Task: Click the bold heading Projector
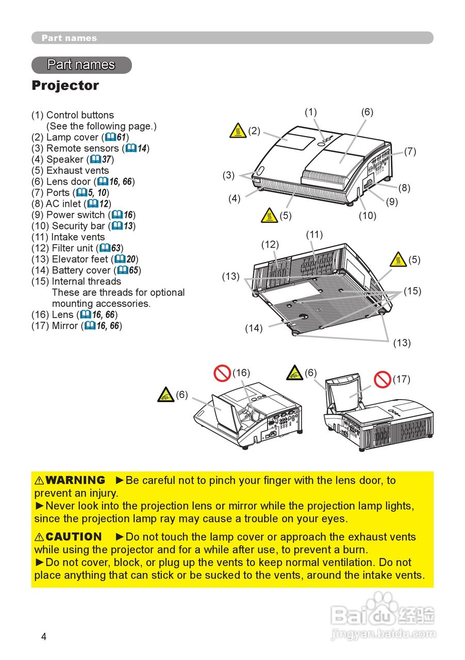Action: (x=65, y=86)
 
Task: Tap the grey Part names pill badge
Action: (x=81, y=65)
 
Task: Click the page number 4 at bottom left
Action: (x=44, y=637)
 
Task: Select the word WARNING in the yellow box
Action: (x=75, y=481)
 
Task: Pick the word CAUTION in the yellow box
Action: (x=74, y=537)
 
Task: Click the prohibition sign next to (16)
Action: (x=223, y=373)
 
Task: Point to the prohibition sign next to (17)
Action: (x=383, y=379)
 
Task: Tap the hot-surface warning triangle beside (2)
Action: (x=238, y=131)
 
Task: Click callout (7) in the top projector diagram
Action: (x=410, y=152)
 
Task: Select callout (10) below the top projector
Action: (x=368, y=216)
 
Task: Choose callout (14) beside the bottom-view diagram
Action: (x=254, y=328)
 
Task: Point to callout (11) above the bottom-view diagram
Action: (x=314, y=235)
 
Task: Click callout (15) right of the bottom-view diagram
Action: (x=412, y=291)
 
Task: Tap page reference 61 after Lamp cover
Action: (x=121, y=137)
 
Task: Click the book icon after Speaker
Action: (x=95, y=159)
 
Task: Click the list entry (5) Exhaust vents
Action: (x=70, y=171)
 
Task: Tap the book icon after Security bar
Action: (x=116, y=226)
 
